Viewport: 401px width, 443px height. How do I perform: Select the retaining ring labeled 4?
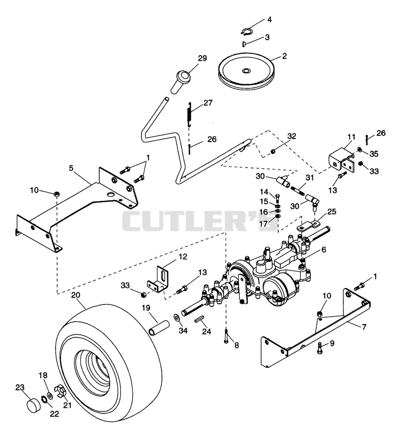[x=247, y=31]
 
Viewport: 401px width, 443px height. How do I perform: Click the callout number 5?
[x=71, y=169]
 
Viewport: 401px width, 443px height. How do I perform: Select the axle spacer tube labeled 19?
[x=159, y=328]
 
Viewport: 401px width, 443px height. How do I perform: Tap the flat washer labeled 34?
[x=176, y=317]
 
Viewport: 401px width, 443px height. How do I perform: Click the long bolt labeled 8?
[x=226, y=336]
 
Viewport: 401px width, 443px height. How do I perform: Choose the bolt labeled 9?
[x=320, y=348]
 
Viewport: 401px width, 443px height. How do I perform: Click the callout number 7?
[x=364, y=327]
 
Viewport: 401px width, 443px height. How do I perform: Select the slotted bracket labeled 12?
[x=158, y=278]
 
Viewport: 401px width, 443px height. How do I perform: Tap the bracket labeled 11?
[x=341, y=162]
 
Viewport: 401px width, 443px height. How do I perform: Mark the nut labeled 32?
[x=273, y=152]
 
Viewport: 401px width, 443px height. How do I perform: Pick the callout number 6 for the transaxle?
[x=323, y=249]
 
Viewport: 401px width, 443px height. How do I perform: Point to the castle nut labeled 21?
[x=61, y=390]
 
